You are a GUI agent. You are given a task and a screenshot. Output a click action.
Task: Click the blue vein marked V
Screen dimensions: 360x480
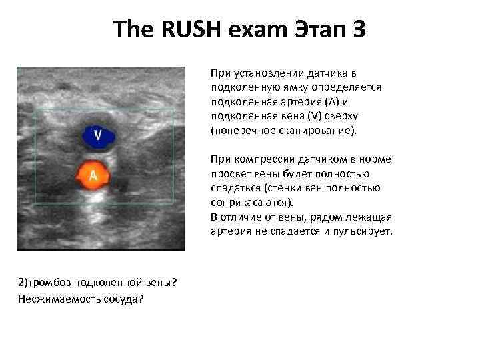tap(97, 135)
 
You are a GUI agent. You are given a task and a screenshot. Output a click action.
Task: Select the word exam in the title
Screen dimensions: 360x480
tap(252, 30)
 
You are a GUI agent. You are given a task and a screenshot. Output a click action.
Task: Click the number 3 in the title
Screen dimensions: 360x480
tap(359, 30)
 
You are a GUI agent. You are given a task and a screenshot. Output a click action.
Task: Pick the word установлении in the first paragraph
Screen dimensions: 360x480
tap(260, 73)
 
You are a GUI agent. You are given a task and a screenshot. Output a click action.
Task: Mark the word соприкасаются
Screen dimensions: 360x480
tap(251, 203)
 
